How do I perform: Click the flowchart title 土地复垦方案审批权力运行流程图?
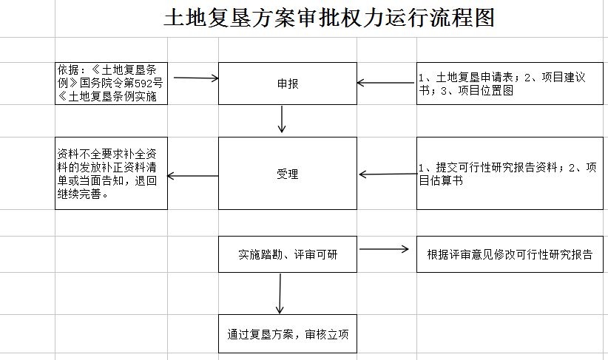point(328,18)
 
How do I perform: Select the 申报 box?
point(288,84)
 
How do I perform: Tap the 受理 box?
point(288,174)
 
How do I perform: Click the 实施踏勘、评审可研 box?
point(288,254)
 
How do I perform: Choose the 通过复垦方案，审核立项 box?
point(288,334)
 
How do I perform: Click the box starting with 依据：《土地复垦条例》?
point(111,84)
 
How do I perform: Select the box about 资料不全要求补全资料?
point(111,174)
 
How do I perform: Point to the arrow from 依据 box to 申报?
point(194,78)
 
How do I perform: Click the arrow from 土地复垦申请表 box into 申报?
point(387,84)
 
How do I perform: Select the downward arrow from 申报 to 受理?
point(282,119)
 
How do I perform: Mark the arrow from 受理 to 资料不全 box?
point(193,176)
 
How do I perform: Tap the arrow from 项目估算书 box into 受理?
point(387,174)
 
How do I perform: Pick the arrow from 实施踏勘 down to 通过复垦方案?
point(280,293)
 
